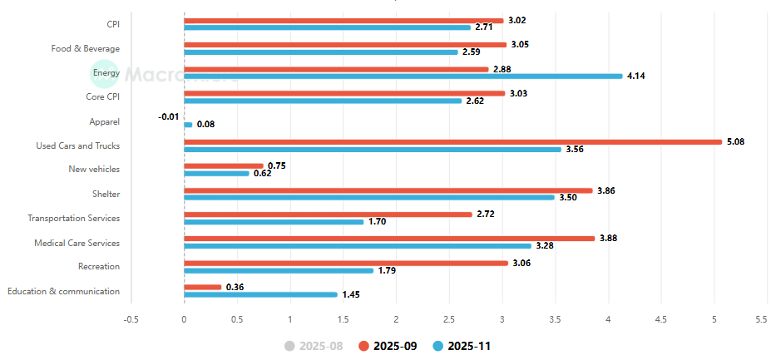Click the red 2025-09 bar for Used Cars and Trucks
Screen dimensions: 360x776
[x=452, y=141]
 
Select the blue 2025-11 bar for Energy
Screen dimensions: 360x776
[x=403, y=76]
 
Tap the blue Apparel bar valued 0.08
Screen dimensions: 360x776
[x=188, y=125]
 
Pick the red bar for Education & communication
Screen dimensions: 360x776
[x=203, y=287]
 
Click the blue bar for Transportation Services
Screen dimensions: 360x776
[x=274, y=222]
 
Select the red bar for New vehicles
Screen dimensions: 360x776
[x=223, y=165]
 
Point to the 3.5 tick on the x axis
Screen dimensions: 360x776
[x=556, y=319]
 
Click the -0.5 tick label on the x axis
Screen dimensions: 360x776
[x=131, y=319]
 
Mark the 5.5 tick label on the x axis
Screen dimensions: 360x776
[x=760, y=319]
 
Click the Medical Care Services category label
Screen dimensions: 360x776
[x=77, y=243]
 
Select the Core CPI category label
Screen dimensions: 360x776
[x=102, y=97]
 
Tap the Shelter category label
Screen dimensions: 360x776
[x=106, y=194]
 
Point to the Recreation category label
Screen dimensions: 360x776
[x=98, y=267]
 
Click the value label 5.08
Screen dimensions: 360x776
[x=735, y=141]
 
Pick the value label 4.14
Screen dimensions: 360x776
[x=636, y=76]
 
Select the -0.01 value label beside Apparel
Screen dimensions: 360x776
[x=168, y=116]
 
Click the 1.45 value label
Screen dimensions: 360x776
[x=351, y=295]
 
